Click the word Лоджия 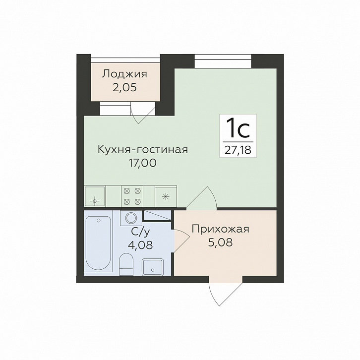click(124, 74)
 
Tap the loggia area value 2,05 click(124, 87)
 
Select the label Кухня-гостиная click(143, 149)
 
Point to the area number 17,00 click(143, 163)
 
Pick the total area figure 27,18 click(238, 150)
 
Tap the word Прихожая click(220, 229)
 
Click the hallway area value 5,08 click(220, 242)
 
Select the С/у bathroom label click(140, 232)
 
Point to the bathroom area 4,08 click(140, 245)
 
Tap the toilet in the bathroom click(126, 264)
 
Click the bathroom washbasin click(153, 267)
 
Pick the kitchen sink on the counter click(95, 196)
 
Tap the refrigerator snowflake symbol click(166, 197)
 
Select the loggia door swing click(143, 113)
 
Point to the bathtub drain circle click(99, 220)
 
